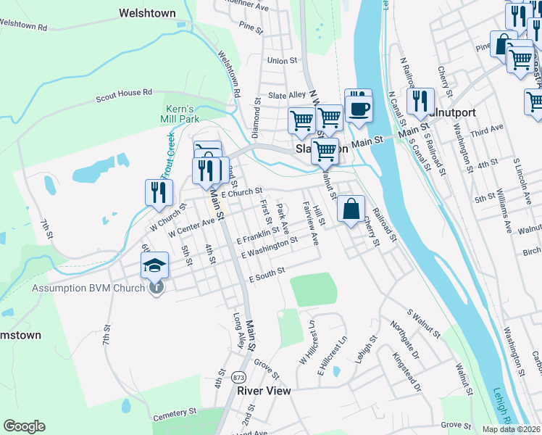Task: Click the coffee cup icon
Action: (x=358, y=107)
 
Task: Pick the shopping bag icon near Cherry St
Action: (x=351, y=210)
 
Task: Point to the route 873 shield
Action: (x=238, y=378)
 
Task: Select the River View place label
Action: (x=264, y=391)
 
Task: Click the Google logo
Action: (x=24, y=426)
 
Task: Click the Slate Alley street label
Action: (x=288, y=95)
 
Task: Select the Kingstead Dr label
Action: (x=406, y=369)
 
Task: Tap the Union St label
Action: (x=283, y=62)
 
